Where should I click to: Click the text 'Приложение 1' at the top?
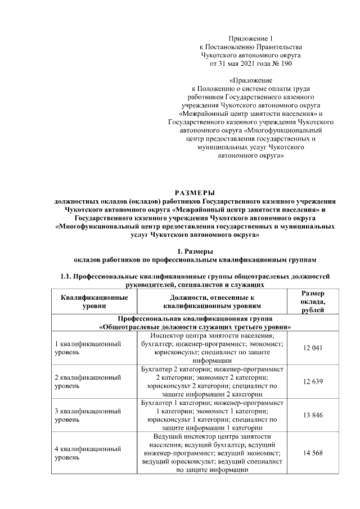coord(251,38)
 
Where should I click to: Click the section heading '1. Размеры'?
coord(195,251)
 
